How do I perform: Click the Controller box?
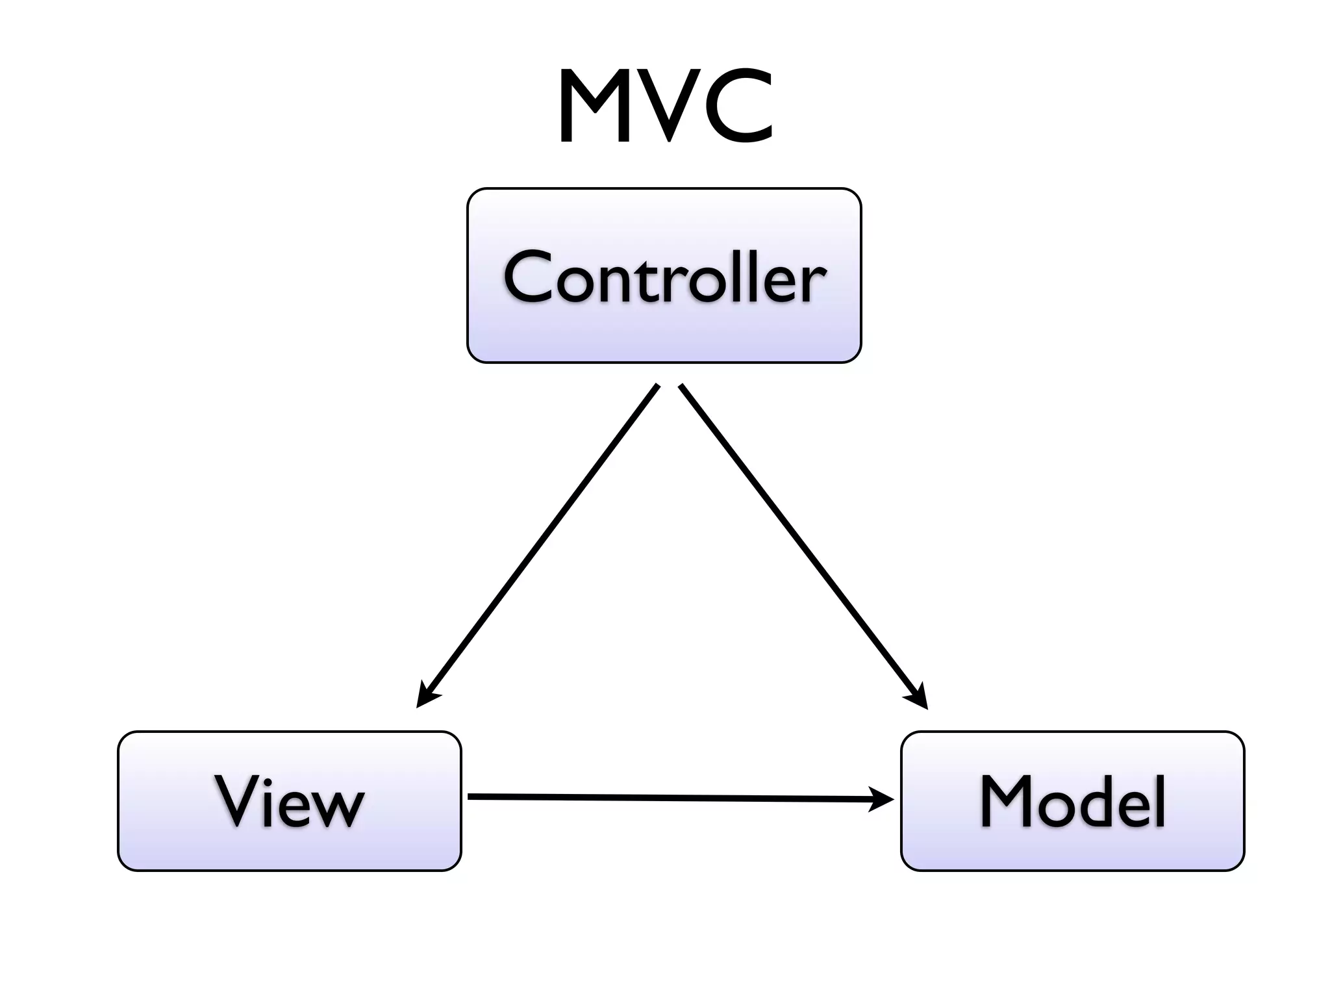664,275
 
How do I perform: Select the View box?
290,800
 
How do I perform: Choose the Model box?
1072,800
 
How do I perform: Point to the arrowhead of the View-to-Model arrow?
883,799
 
